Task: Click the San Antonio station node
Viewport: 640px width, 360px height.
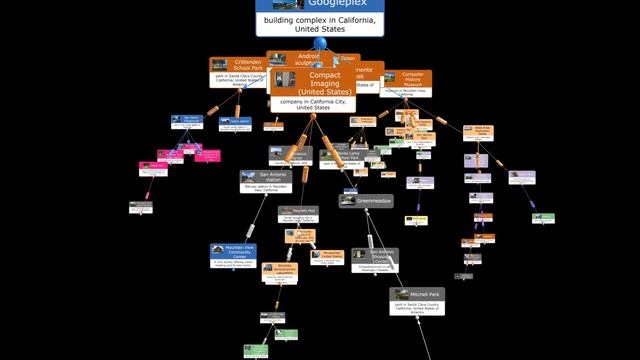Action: point(264,181)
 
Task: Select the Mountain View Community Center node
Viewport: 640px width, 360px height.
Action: point(234,256)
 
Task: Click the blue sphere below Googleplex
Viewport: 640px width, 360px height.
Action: point(320,44)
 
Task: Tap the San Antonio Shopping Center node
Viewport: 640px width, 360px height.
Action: point(375,259)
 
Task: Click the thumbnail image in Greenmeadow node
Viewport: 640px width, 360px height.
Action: point(349,201)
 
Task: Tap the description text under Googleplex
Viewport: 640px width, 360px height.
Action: point(320,24)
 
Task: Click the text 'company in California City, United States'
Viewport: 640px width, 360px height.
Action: point(314,105)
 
